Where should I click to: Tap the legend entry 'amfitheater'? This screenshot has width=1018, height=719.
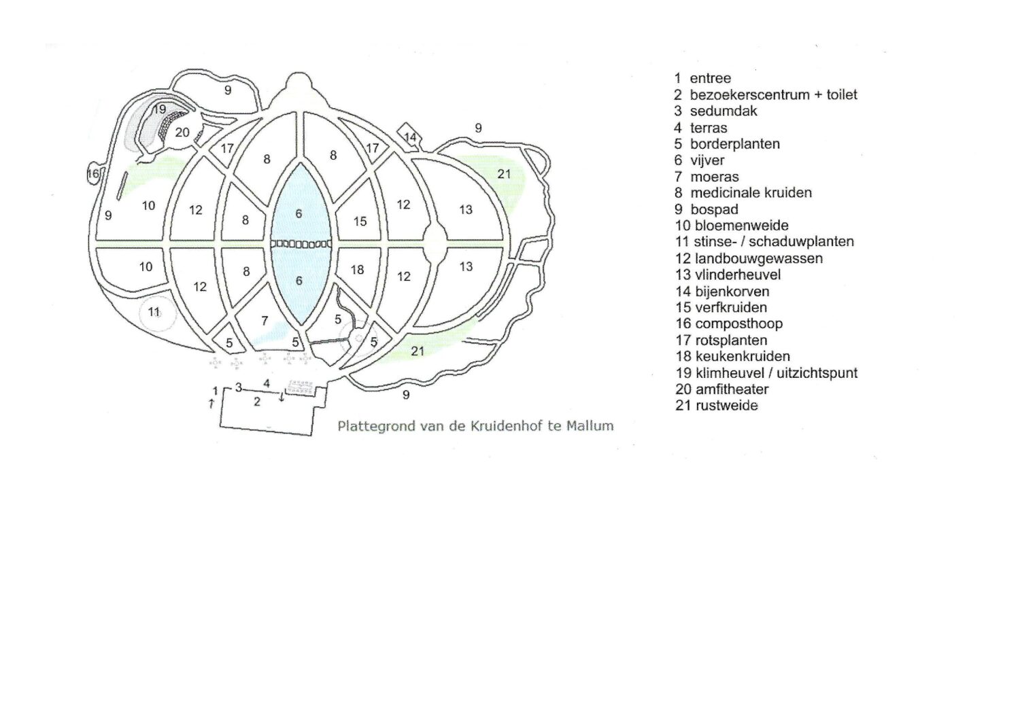pos(732,389)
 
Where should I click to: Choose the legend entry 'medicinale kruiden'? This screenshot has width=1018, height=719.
pos(751,192)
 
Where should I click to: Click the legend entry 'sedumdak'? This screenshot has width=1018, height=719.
pos(723,111)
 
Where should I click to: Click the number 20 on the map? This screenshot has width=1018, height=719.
pos(182,133)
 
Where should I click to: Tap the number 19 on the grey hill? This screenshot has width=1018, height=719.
pos(159,109)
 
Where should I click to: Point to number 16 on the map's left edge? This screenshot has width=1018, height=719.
pos(93,174)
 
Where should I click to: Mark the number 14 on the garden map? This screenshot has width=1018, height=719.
pos(410,137)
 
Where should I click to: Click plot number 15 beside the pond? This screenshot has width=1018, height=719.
pos(360,221)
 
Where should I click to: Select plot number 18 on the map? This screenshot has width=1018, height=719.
pos(357,270)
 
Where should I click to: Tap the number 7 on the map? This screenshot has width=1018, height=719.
pos(265,321)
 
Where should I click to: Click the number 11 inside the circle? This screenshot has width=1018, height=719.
pos(154,312)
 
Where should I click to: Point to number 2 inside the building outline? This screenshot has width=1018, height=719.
pos(256,402)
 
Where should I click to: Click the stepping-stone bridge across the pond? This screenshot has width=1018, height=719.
pos(301,243)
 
